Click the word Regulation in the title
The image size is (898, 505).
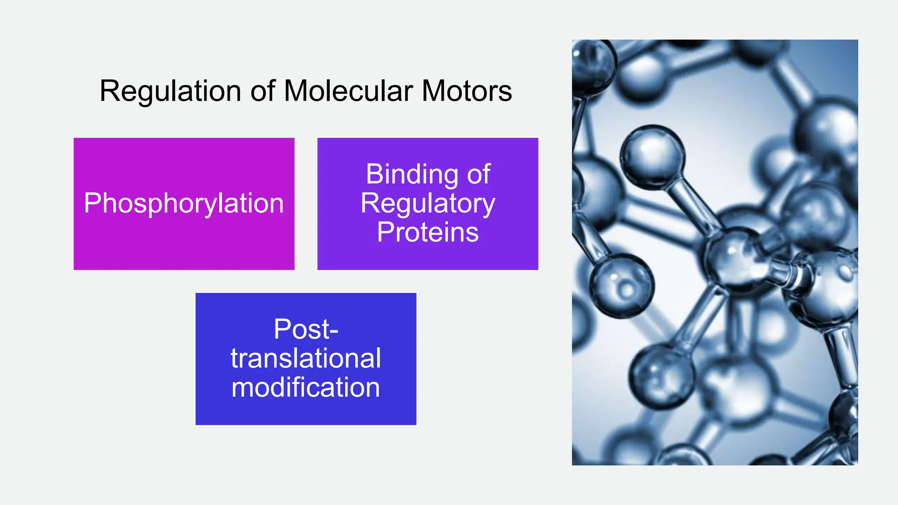pos(170,91)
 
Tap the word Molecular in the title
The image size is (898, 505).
pos(349,91)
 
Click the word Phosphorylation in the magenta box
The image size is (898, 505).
pos(184,203)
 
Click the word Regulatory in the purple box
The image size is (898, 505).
pos(428,203)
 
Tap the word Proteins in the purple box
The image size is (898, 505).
pos(428,232)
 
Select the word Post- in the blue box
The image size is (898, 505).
pos(306,329)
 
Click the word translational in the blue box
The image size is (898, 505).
pos(306,358)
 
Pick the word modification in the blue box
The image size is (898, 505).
pos(306,388)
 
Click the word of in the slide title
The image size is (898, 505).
pos(263,91)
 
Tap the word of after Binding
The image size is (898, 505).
pos(478,174)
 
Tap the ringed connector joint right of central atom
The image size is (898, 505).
pos(794,272)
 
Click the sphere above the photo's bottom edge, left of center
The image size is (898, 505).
pos(662,375)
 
